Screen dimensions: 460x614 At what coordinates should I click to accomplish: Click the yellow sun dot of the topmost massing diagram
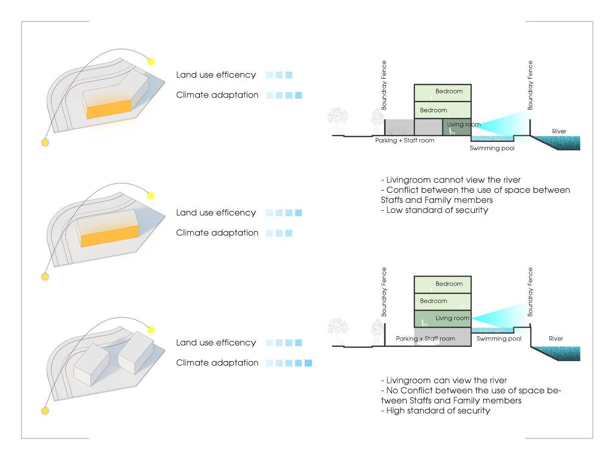(x=151, y=62)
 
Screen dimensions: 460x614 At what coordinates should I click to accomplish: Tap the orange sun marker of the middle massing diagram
(x=45, y=276)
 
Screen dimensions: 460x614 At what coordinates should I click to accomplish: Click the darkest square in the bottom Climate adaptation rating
(x=309, y=363)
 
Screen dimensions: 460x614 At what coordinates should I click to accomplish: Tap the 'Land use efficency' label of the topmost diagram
(x=216, y=75)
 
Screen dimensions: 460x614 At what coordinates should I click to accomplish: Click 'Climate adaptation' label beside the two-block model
(x=217, y=362)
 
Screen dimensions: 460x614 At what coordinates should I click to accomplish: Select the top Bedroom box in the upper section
(x=442, y=91)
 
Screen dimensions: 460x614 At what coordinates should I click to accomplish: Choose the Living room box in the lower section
(x=442, y=318)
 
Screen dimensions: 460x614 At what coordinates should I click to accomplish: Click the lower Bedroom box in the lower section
(x=442, y=301)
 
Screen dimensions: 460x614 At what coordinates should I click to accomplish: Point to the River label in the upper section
(x=559, y=131)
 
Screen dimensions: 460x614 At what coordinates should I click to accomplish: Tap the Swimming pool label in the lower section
(x=499, y=339)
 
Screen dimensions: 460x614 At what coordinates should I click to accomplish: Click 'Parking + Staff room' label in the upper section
(x=404, y=140)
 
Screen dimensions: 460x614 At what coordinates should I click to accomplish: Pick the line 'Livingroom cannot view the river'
(x=451, y=180)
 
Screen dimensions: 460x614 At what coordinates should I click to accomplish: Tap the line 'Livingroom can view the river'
(x=444, y=380)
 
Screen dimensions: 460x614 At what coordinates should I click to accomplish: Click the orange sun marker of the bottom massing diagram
(x=45, y=410)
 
